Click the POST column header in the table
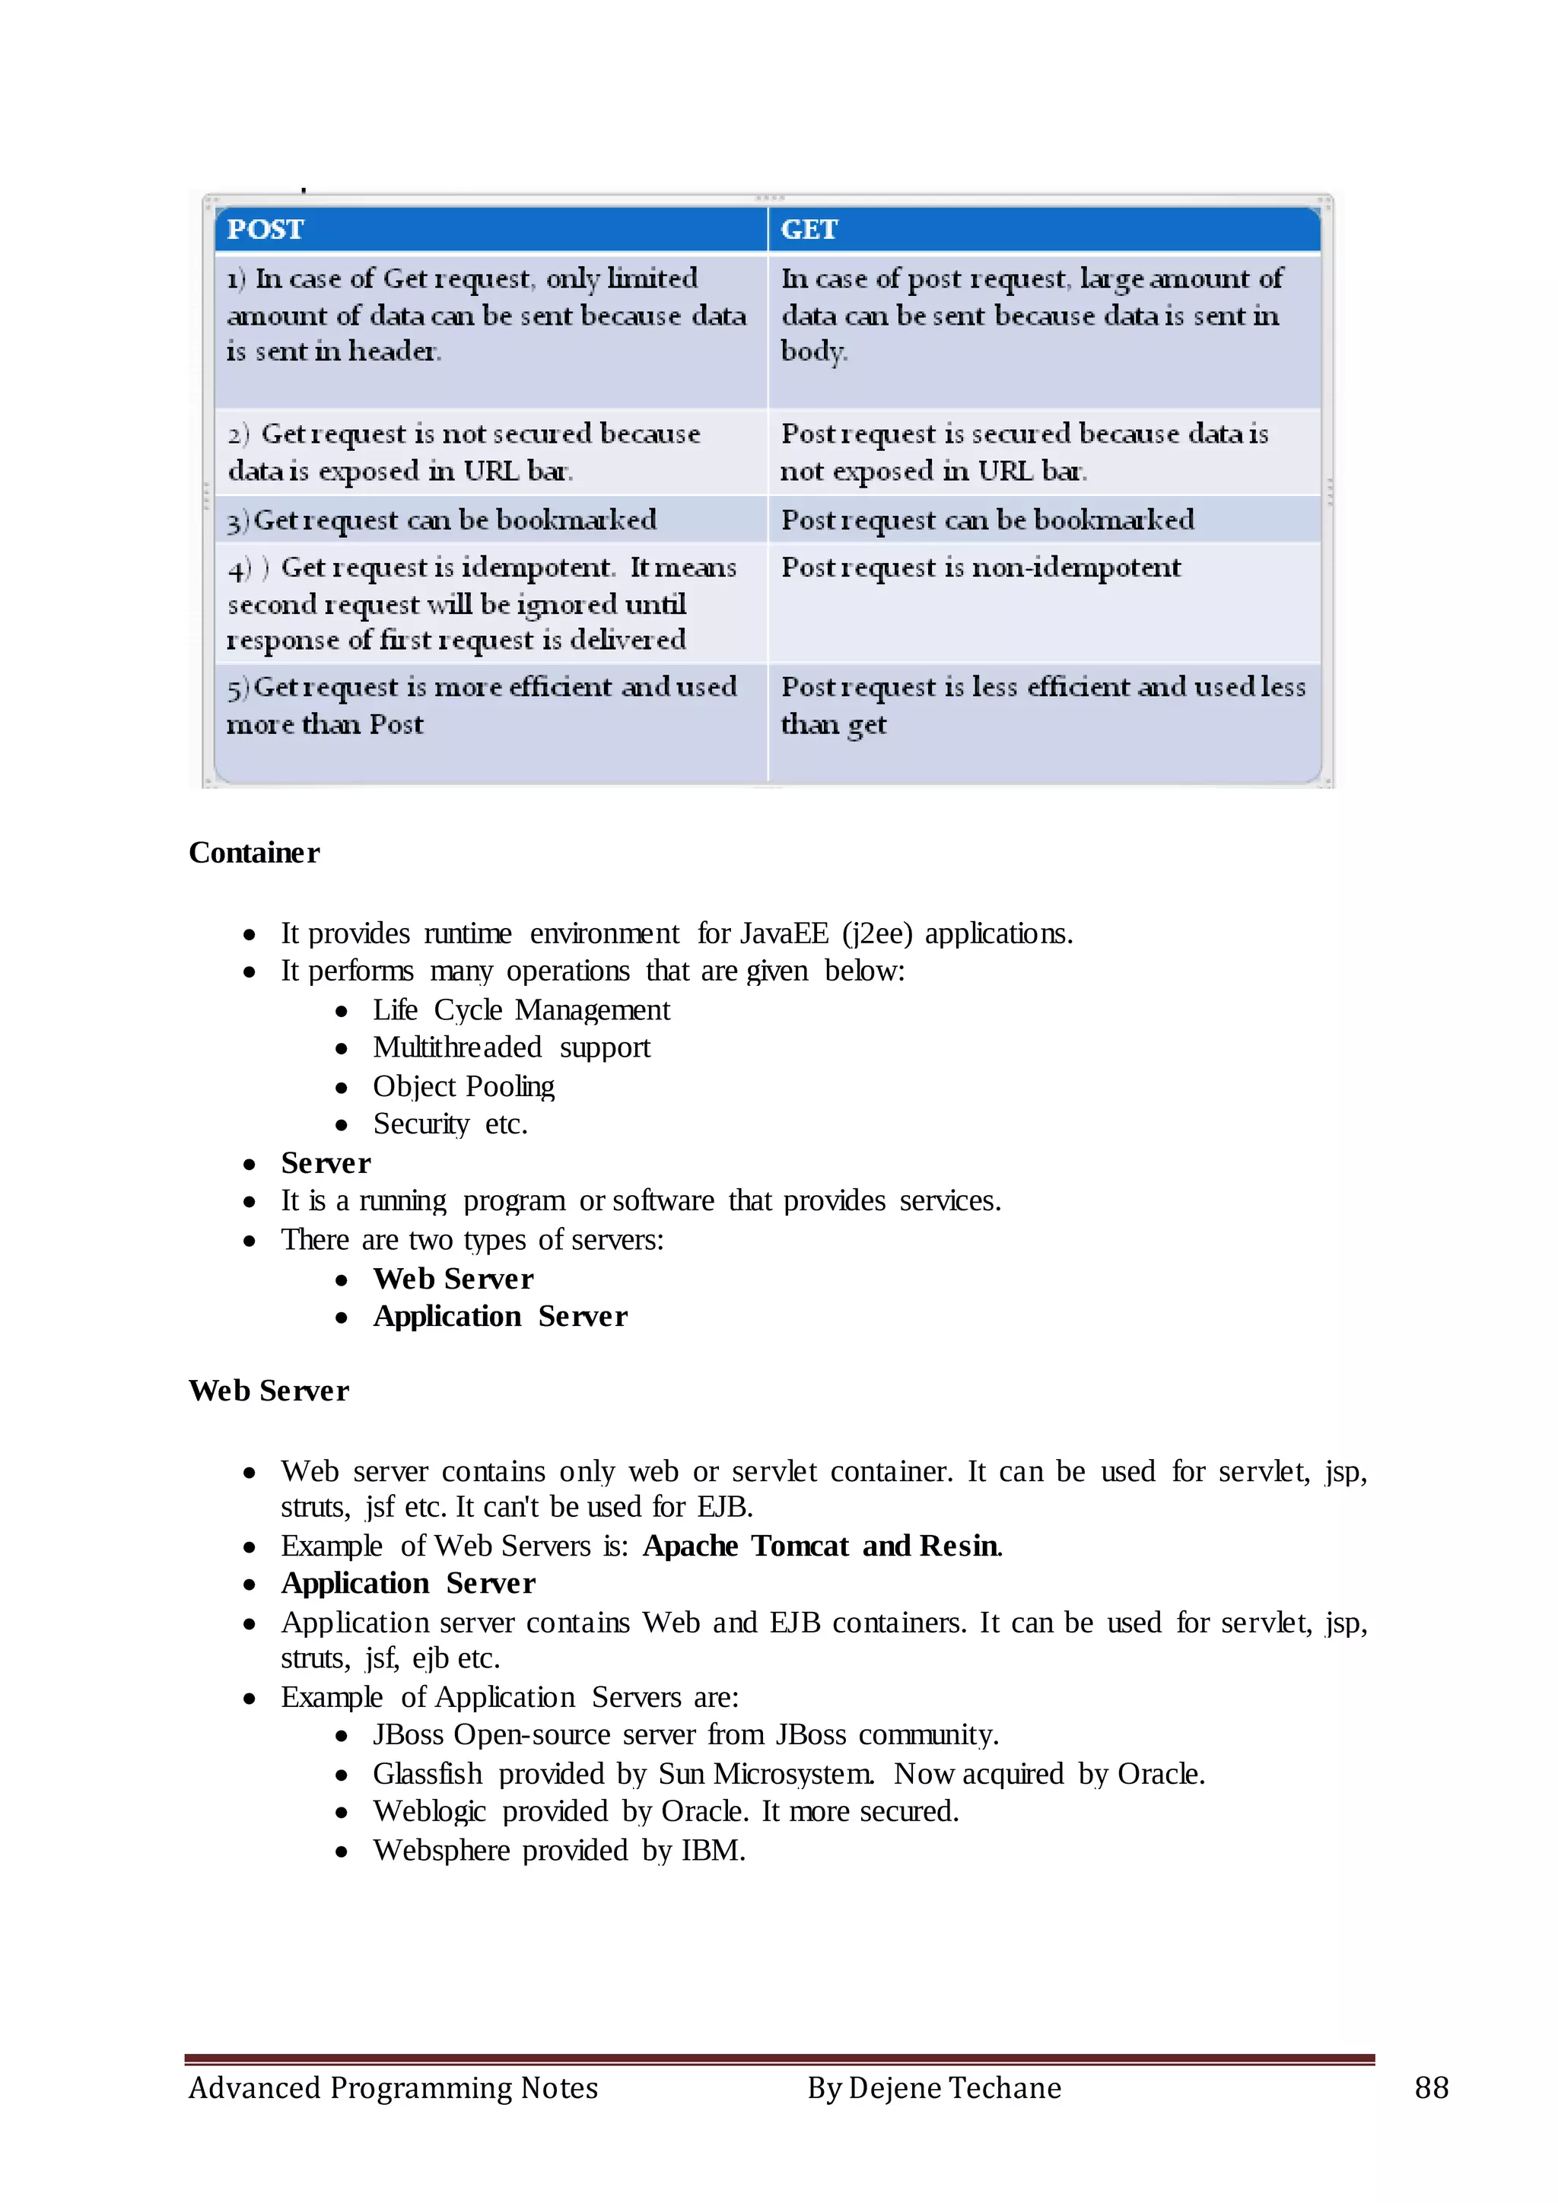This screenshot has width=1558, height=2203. pyautogui.click(x=265, y=229)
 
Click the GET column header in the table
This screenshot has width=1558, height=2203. pyautogui.click(x=809, y=229)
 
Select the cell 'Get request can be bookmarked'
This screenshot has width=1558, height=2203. pyautogui.click(x=442, y=520)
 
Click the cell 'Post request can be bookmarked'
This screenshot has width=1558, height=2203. pyautogui.click(x=987, y=520)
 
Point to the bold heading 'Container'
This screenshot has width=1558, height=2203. pyautogui.click(x=254, y=853)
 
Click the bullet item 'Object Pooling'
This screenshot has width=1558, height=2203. pyautogui.click(x=463, y=1086)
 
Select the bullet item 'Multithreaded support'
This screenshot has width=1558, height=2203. pyautogui.click(x=511, y=1047)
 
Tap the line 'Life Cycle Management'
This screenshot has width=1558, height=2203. pyautogui.click(x=521, y=1009)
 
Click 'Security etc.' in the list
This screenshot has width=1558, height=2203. pyautogui.click(x=450, y=1124)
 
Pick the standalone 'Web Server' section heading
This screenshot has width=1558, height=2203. pyautogui.click(x=269, y=1391)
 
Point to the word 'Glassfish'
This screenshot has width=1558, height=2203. pyautogui.click(x=427, y=1773)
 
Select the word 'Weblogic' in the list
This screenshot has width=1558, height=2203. pyautogui.click(x=429, y=1810)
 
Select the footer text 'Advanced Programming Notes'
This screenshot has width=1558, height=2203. pyautogui.click(x=393, y=2088)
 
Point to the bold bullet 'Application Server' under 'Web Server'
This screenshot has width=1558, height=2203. pyautogui.click(x=408, y=1583)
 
